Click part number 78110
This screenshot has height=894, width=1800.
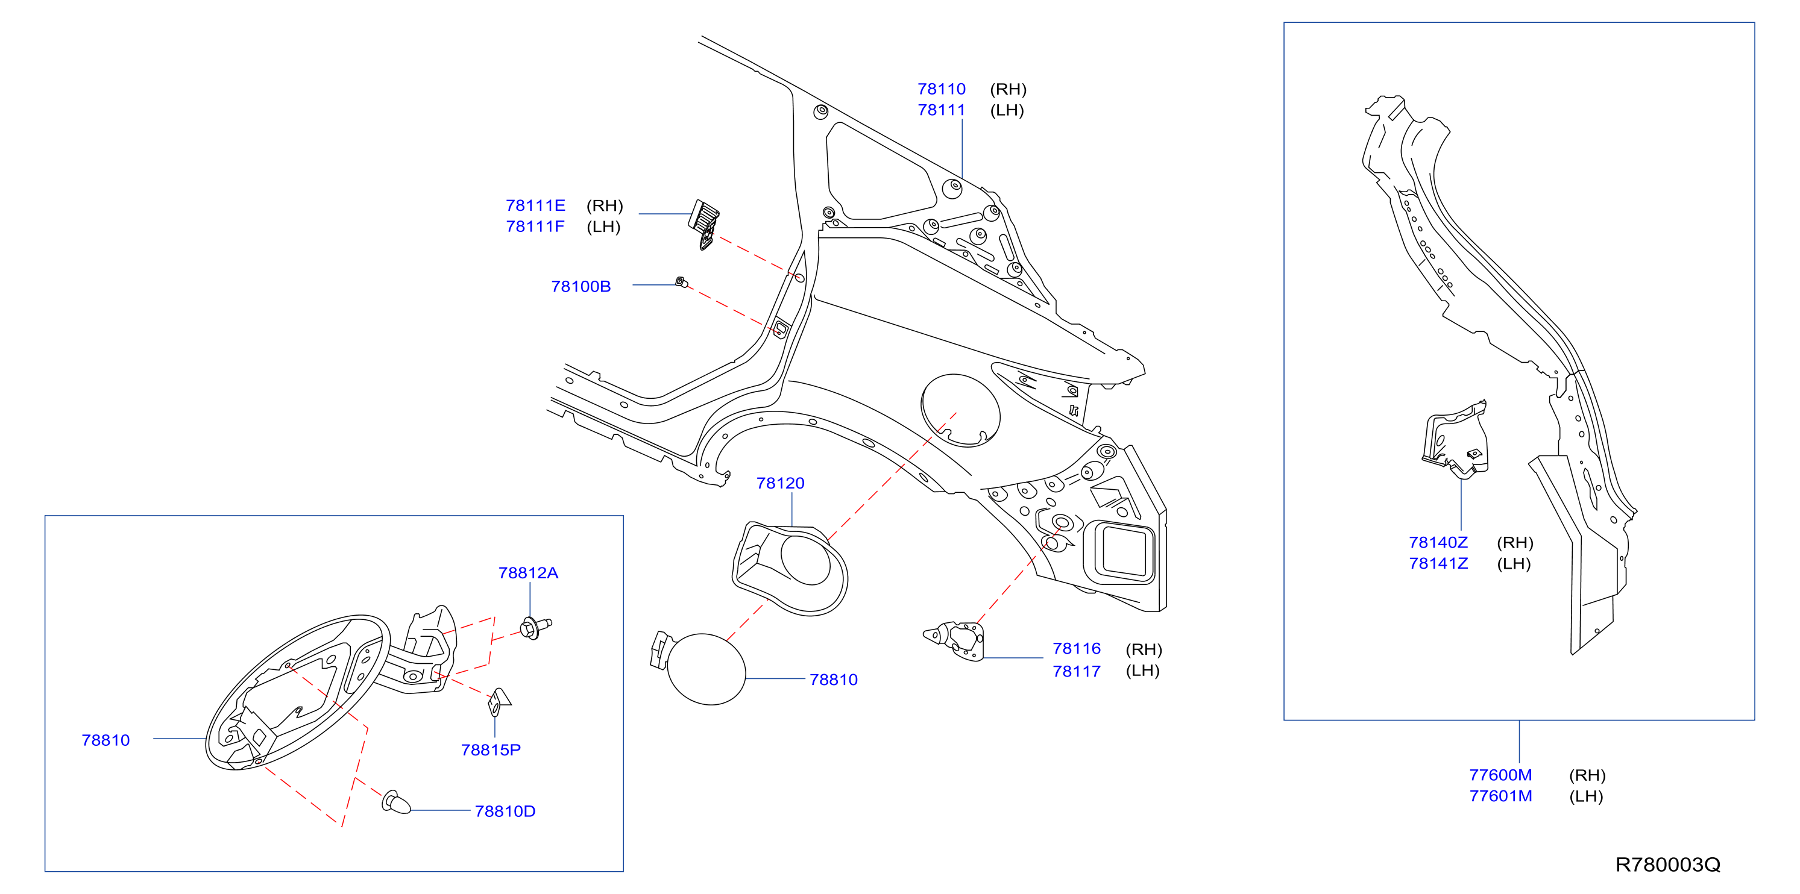tap(941, 89)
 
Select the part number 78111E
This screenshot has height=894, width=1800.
tap(535, 205)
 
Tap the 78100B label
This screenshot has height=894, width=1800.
tap(581, 286)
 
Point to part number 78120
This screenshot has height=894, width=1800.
tap(781, 483)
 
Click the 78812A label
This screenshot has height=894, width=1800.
tap(528, 573)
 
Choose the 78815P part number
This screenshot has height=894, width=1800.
tap(491, 749)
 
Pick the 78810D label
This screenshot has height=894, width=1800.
tap(505, 811)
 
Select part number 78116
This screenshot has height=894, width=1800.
tap(1077, 649)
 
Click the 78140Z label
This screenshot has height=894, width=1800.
tap(1438, 543)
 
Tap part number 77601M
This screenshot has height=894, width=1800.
tap(1500, 796)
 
